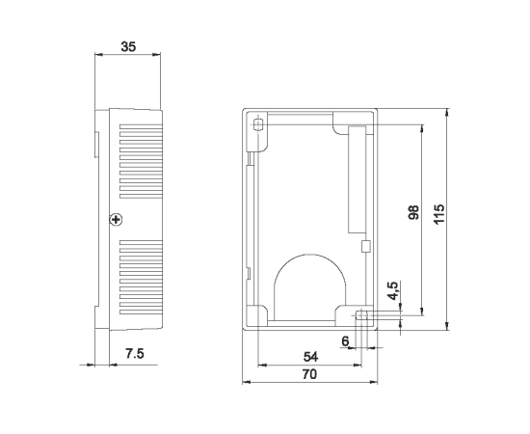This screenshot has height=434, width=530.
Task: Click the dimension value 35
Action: click(x=128, y=46)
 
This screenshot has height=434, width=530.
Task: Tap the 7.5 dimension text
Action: click(x=135, y=354)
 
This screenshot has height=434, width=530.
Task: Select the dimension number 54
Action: click(x=310, y=357)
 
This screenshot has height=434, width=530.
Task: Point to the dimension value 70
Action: click(x=309, y=374)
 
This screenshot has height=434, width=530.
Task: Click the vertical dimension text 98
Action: click(x=413, y=212)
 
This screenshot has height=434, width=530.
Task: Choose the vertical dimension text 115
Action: click(x=439, y=214)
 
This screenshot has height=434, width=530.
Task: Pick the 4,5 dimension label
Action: click(x=393, y=291)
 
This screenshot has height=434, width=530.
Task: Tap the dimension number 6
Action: click(x=345, y=341)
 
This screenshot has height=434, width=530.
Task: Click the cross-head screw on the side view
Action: click(x=116, y=220)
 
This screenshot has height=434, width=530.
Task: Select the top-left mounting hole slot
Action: click(x=258, y=124)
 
